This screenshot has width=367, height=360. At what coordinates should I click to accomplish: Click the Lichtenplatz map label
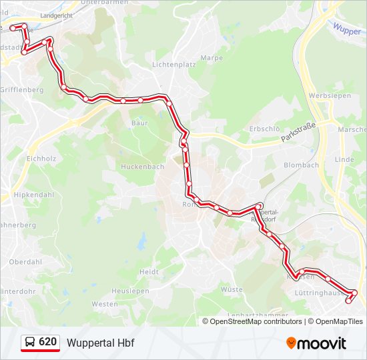(x=173, y=65)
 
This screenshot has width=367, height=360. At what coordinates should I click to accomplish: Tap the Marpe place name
(x=212, y=58)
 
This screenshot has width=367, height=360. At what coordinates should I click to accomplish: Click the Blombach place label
(x=301, y=165)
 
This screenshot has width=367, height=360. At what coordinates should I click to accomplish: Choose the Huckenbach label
(x=142, y=167)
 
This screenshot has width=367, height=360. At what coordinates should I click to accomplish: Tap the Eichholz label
(x=41, y=159)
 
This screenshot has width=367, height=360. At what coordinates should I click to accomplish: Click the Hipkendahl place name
(x=33, y=194)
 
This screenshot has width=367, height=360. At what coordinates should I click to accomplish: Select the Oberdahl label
(x=26, y=262)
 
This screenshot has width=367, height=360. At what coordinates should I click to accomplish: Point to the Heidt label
(x=149, y=272)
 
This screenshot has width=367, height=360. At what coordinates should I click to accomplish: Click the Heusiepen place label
(x=129, y=291)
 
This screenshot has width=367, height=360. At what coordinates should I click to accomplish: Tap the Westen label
(x=104, y=304)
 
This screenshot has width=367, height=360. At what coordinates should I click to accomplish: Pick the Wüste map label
(x=232, y=289)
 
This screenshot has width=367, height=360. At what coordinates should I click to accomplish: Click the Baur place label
(x=139, y=123)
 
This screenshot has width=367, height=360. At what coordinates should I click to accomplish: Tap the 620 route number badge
(x=47, y=342)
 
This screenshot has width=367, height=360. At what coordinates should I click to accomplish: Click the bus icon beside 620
(x=30, y=343)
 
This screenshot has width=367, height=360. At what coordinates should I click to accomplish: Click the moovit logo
(x=316, y=343)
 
